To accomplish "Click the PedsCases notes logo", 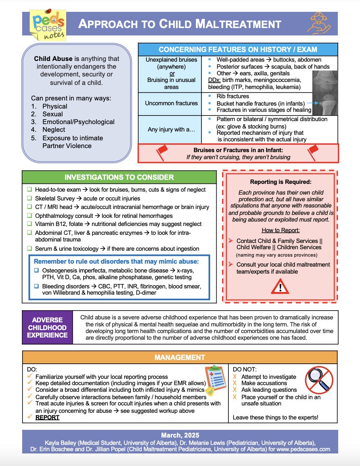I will [48, 25].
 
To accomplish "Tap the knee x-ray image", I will [325, 92].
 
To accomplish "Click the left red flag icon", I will [162, 152].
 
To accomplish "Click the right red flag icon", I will [313, 152].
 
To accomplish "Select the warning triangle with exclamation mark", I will [280, 286].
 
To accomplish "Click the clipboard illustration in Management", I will [215, 379].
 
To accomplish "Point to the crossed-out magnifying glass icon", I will [319, 380].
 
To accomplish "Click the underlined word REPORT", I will [47, 417].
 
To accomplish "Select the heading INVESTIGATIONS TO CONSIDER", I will [119, 177].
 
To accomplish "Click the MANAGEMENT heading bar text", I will [180, 357].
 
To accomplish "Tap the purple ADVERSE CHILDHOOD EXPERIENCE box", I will [47, 328].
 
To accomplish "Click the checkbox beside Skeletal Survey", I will [30, 198].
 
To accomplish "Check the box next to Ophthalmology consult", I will [30, 215].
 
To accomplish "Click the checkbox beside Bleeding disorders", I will [37, 286].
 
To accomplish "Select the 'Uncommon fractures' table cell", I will [171, 103].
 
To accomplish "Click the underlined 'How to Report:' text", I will [281, 230].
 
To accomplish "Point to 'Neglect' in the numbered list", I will [54, 130].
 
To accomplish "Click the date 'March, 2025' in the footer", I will [180, 435].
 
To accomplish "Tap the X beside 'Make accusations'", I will [235, 383].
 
